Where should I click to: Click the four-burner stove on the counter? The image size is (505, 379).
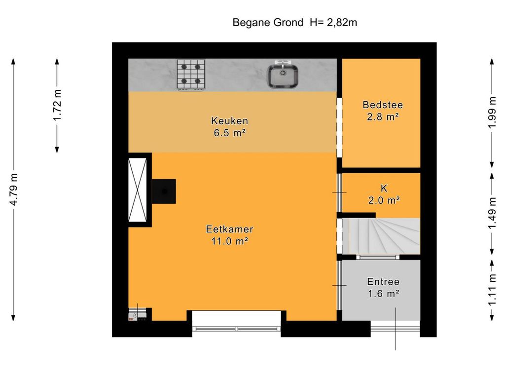pos(191,75)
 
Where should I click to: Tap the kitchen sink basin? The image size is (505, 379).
pos(283,76)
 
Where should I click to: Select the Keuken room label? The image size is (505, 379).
pos(230,121)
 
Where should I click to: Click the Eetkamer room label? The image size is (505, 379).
pos(230,229)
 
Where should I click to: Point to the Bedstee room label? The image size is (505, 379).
pos(383,105)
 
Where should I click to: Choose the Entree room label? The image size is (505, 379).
pos(383,282)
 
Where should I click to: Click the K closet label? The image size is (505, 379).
pos(384,188)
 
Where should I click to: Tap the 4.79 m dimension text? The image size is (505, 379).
pos(13,189)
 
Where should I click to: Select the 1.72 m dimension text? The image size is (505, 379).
pos(57,106)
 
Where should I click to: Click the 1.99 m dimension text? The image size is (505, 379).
pos(492,113)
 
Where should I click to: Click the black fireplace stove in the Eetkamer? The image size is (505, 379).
pos(164,191)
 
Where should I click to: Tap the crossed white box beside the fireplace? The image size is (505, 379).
pos(138,190)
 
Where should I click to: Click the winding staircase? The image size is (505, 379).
pos(381,236)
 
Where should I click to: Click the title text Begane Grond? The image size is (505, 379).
pos(268,23)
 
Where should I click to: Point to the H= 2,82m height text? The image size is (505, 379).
pos(333,23)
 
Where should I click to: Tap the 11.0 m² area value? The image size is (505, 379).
pos(230,241)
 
